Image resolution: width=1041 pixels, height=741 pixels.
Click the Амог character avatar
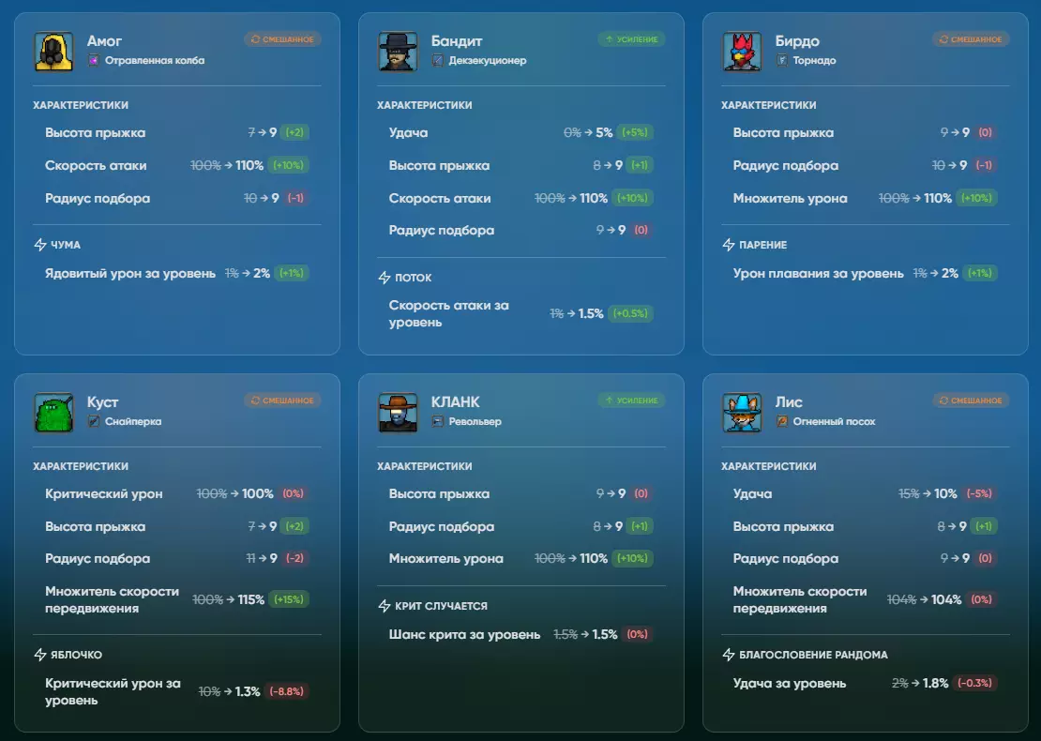[53, 52]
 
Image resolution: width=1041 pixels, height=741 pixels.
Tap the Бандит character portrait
[398, 52]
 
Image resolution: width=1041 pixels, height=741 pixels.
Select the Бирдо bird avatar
[742, 52]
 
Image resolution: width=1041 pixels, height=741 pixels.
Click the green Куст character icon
[53, 413]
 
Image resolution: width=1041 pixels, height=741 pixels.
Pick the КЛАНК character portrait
[398, 413]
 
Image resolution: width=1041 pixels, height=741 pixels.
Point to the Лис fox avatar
[742, 413]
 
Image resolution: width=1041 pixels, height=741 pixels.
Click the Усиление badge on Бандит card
[631, 39]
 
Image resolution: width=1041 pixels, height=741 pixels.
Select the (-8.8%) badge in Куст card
[287, 691]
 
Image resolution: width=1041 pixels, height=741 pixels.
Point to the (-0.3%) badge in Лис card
[975, 683]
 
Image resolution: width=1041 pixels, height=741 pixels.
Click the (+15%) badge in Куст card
[289, 599]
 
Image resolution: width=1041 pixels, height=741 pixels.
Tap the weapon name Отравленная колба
[155, 61]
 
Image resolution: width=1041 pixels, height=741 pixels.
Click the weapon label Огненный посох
[834, 422]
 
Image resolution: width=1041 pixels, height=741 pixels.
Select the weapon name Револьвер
[475, 422]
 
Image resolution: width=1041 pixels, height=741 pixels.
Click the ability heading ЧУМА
[66, 245]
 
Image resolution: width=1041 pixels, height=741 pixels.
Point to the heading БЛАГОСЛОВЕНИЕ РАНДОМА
[813, 655]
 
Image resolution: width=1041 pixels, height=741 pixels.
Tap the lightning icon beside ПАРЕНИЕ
[729, 245]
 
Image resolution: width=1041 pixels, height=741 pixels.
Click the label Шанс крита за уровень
[464, 635]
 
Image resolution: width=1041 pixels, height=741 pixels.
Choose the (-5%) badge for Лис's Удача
[975, 494]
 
